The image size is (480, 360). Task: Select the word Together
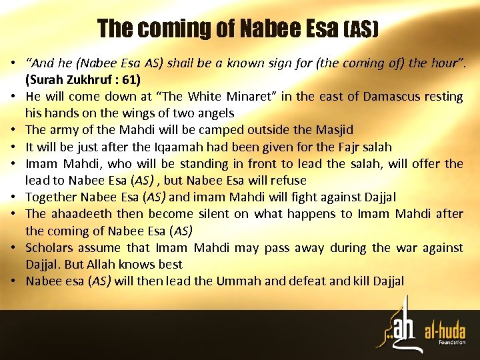[x=52, y=197]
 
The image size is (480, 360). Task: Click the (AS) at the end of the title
[x=361, y=29]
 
